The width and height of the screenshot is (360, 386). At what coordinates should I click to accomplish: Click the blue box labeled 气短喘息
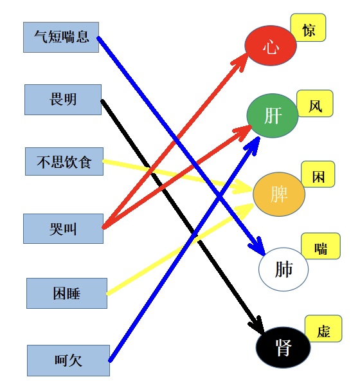(61, 37)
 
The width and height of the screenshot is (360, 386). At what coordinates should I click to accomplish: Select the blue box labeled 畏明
(63, 100)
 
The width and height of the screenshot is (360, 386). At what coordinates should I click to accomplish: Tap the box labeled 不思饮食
(64, 161)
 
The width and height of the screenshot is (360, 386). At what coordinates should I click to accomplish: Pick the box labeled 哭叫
(63, 228)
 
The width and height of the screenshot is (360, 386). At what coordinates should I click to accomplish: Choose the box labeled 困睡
(67, 293)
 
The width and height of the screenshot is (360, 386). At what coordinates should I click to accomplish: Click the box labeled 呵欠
(68, 360)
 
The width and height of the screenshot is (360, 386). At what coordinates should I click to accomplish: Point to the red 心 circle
(271, 46)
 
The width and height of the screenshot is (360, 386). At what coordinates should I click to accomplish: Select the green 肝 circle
(273, 115)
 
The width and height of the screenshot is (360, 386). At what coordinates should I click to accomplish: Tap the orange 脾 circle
(279, 194)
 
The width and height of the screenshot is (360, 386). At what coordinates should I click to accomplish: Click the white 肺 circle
(283, 269)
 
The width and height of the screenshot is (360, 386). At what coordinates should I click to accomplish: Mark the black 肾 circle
(283, 347)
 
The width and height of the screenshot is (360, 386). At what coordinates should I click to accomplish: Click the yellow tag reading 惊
(309, 28)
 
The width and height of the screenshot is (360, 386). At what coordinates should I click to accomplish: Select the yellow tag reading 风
(315, 104)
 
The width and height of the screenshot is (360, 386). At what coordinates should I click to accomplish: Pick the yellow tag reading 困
(318, 174)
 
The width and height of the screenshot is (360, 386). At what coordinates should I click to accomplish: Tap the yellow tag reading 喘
(321, 246)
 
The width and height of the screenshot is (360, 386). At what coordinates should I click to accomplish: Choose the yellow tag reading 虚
(323, 329)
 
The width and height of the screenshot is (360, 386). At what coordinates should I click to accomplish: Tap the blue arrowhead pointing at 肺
(258, 246)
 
